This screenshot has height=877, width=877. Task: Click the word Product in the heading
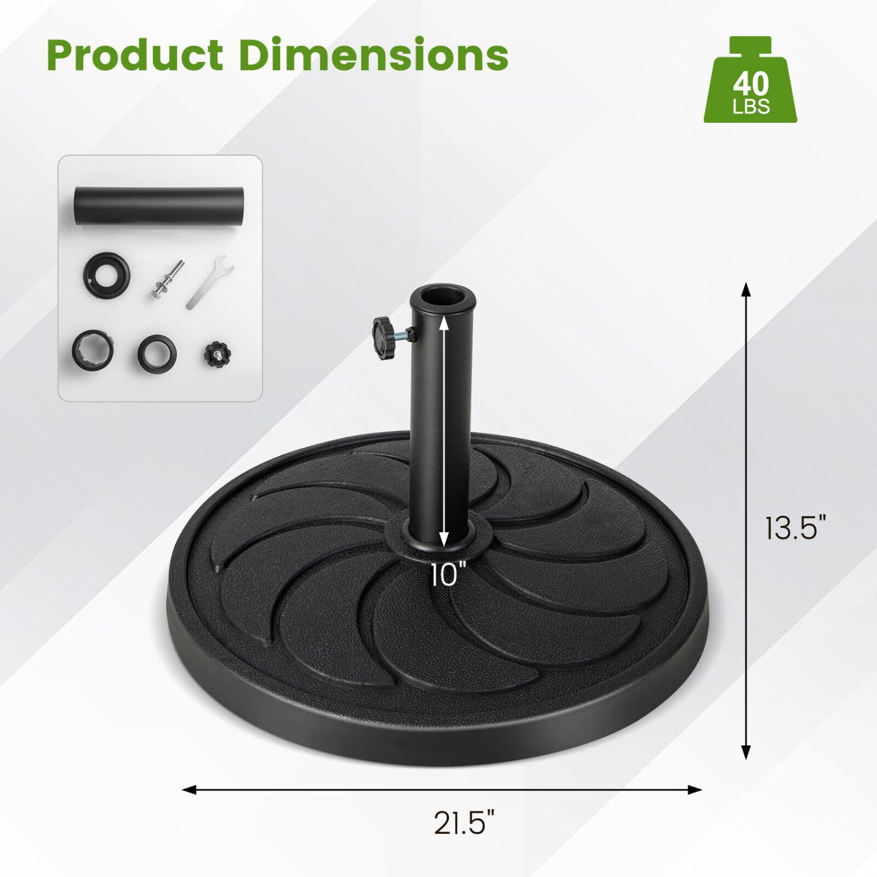[x=134, y=56]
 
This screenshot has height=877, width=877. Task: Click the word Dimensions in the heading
[x=373, y=56]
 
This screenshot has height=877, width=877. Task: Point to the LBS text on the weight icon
[x=751, y=107]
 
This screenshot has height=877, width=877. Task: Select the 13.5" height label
[x=796, y=527]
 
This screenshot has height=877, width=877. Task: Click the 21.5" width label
[x=464, y=823]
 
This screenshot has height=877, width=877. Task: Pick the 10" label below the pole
[x=448, y=574]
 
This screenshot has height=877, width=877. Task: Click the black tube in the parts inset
[x=158, y=205]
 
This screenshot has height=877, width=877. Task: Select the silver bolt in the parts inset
[x=167, y=279]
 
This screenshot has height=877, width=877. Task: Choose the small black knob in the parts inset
[x=217, y=354]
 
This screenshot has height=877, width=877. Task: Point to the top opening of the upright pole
[x=443, y=296]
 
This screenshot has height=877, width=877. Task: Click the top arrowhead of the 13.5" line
[x=745, y=288]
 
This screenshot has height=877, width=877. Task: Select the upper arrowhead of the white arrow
[x=444, y=322]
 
